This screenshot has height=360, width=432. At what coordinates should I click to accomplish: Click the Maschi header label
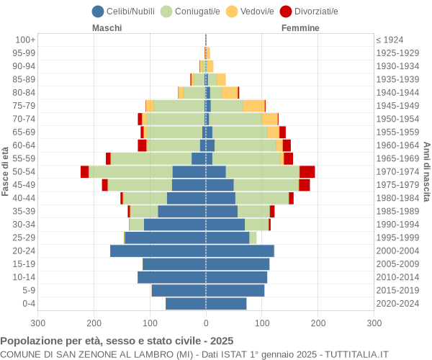(x=107, y=28)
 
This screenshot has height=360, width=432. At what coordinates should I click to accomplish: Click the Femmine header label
(x=300, y=28)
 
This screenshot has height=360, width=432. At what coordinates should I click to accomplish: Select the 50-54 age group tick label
(x=24, y=171)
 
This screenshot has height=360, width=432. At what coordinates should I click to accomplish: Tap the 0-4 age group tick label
(x=29, y=304)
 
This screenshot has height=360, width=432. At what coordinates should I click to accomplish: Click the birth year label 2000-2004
(x=397, y=251)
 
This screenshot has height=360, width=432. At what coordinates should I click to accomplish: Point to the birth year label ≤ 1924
(x=390, y=40)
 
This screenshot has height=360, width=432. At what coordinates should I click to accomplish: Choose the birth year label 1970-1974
(x=397, y=171)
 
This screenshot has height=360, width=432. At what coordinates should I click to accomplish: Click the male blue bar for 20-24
(x=158, y=251)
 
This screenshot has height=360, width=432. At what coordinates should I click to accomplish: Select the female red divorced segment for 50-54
(x=307, y=171)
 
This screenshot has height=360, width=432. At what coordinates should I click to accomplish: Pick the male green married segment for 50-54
(x=130, y=171)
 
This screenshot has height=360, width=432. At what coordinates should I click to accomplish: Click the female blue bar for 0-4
(x=226, y=304)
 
